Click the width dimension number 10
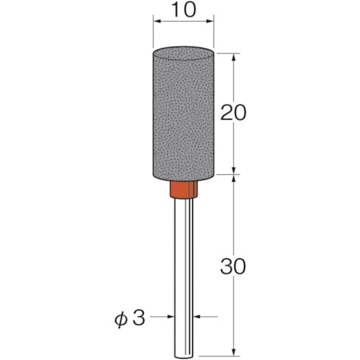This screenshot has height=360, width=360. [184, 10]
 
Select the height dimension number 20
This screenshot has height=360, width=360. [233, 112]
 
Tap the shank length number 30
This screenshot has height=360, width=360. [233, 266]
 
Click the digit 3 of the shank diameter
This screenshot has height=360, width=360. [139, 318]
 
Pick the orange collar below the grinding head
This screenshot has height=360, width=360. [184, 189]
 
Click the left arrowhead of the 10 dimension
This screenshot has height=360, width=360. [157, 22]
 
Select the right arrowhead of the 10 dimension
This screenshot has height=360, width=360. [210, 22]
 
